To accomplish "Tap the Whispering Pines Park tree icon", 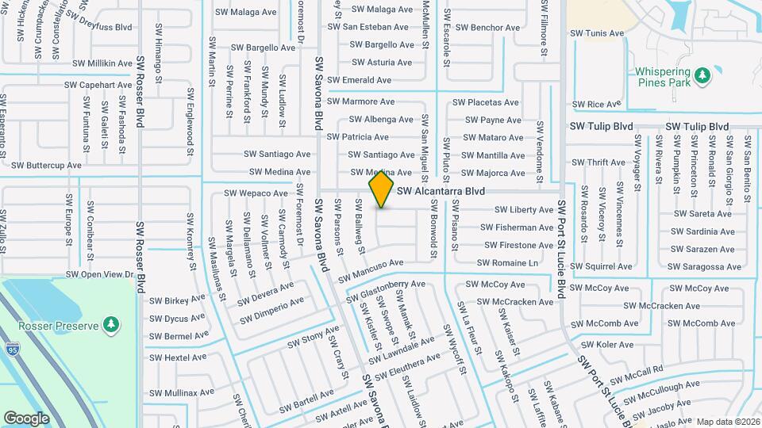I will point(701,75).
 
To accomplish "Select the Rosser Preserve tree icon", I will point(113,324).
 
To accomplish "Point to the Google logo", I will point(26,418).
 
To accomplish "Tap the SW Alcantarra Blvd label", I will point(441,191).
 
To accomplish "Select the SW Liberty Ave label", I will point(524,210).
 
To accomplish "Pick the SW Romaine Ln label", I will point(508,263).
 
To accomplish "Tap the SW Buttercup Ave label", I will point(47,166).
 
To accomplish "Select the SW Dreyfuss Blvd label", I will point(99,27).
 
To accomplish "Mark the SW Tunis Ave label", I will point(598,33).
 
